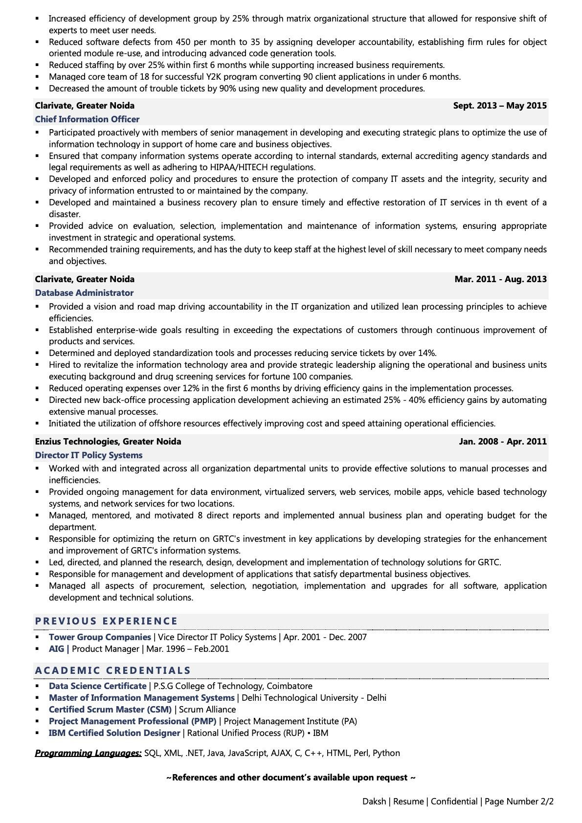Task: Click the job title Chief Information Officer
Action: (87, 119)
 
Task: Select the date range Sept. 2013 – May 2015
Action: (500, 106)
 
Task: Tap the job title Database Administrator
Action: (84, 293)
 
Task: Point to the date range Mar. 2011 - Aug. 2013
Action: (500, 279)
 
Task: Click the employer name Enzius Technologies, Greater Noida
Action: (108, 442)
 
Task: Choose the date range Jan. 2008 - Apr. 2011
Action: (503, 442)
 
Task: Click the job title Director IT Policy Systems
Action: (89, 455)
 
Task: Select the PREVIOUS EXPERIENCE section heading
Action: (106, 621)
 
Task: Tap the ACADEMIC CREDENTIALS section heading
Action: (112, 670)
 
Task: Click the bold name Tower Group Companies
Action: (100, 637)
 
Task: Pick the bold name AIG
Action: (57, 649)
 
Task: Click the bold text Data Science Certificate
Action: (97, 686)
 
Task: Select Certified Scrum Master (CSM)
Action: (110, 710)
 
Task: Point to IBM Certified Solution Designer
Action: (114, 733)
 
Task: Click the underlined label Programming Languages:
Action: (88, 753)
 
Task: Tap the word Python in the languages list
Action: (386, 753)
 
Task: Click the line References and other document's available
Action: (291, 778)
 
